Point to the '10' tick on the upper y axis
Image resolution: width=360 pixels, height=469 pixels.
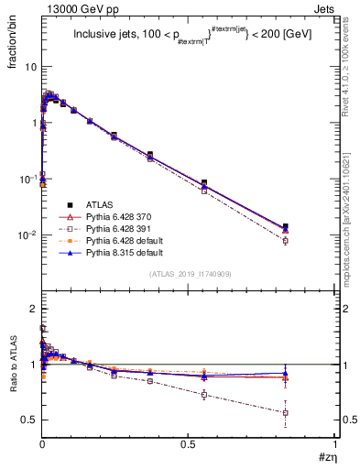click(x=31, y=67)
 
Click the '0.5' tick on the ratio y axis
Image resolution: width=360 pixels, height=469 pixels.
click(x=29, y=420)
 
